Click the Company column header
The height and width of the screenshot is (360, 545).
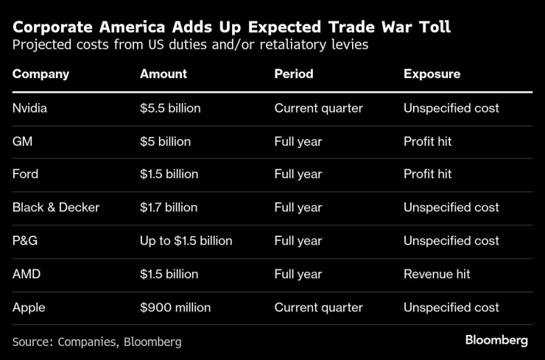tap(41, 74)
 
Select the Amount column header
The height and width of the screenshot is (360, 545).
tap(163, 74)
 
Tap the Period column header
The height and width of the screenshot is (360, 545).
tap(294, 74)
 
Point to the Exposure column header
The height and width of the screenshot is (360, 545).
tap(432, 74)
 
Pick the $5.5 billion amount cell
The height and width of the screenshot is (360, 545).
tap(170, 108)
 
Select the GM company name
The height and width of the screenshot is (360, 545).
tap(22, 141)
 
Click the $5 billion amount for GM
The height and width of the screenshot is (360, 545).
tap(165, 141)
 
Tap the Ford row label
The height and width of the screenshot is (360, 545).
tap(26, 174)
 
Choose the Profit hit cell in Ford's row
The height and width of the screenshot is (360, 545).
tap(428, 174)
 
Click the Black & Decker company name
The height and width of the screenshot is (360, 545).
tap(56, 208)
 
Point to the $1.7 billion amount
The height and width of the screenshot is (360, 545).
tap(169, 208)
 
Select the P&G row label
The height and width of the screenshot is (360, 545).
tap(25, 241)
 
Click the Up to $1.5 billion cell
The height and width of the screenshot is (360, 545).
tap(186, 241)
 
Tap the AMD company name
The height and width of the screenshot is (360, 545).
tap(26, 274)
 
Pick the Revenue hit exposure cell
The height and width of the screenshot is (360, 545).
tap(437, 274)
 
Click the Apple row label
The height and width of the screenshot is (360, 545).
tap(28, 307)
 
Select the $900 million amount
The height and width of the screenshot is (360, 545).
tap(175, 307)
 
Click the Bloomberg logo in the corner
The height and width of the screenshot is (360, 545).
tap(496, 340)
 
